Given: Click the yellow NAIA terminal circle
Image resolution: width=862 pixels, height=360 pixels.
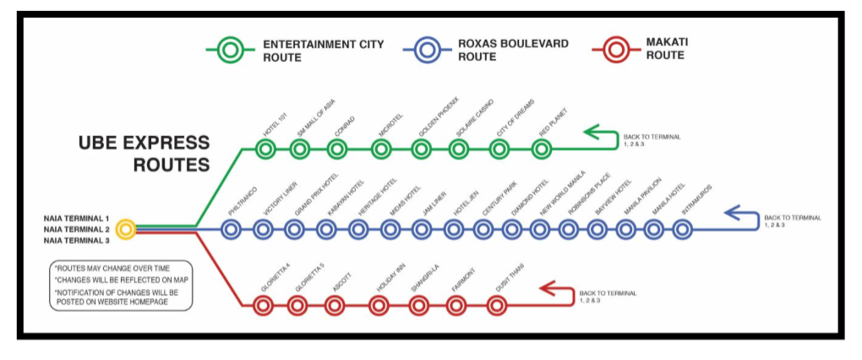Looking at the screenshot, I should coord(125,228).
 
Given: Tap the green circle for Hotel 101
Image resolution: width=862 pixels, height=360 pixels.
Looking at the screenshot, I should coord(265,150).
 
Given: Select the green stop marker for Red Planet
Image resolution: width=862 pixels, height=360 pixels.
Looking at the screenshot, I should coord(542,150).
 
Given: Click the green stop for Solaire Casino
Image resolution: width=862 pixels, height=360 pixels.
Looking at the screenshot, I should coord(459,150).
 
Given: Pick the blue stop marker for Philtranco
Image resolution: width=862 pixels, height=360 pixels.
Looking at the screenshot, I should coord(232,228).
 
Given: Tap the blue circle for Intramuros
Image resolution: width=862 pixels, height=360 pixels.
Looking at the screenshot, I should coord(682,228).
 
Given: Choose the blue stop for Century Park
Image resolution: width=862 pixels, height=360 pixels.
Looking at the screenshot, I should coord(483,228).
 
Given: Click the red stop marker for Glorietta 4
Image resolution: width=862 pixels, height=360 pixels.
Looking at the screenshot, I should coord(265,305).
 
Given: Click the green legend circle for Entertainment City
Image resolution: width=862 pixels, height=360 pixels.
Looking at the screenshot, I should coord(229,51).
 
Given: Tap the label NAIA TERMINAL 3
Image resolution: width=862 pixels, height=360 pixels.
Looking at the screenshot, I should coord(78,241).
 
